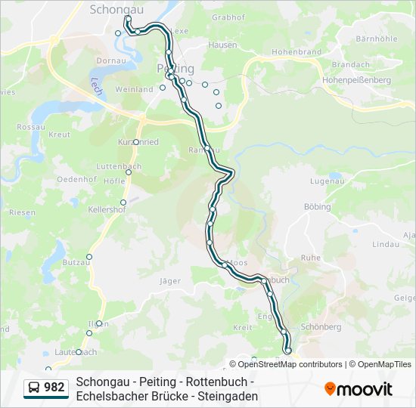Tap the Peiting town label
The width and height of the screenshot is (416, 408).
[x=175, y=69]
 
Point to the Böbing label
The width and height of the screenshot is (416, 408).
[x=317, y=206]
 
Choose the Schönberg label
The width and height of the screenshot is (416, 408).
[x=321, y=327]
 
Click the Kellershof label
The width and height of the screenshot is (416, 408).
[x=107, y=209]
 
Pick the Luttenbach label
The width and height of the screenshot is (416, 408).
[x=120, y=165]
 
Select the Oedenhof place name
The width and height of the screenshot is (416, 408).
[x=79, y=178]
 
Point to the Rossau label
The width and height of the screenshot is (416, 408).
[x=31, y=127]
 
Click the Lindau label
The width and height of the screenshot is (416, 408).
[x=385, y=245]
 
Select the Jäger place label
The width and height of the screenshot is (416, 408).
[x=170, y=281]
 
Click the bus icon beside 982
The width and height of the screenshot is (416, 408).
[x=35, y=388]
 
